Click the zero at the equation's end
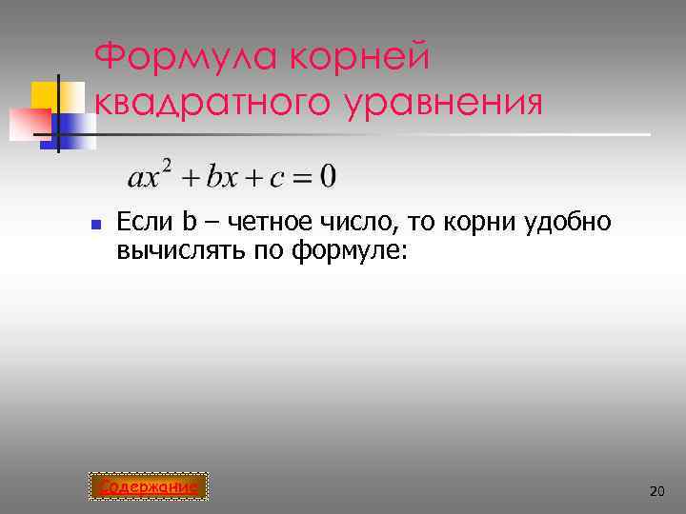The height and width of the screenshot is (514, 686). click(327, 177)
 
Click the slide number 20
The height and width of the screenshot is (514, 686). click(656, 490)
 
